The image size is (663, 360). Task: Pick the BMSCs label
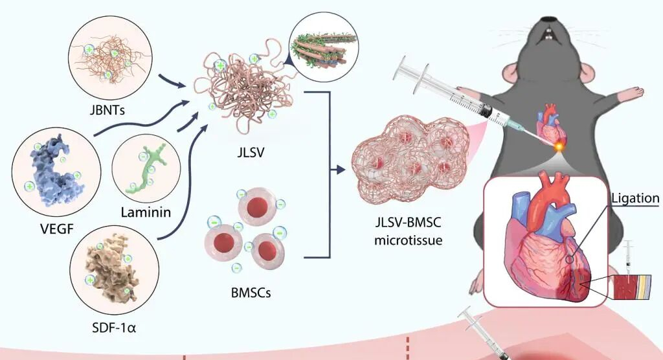252,292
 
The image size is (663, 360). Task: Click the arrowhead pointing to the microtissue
341,171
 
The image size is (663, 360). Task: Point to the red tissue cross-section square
627,287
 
